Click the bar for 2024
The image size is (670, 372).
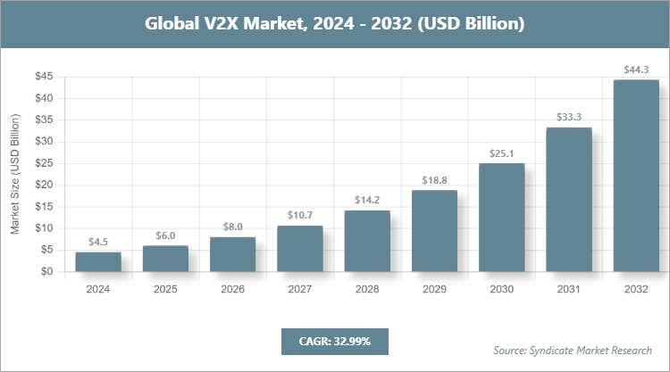(x=98, y=262)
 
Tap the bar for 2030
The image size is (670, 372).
(x=502, y=218)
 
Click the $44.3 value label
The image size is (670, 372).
(x=636, y=69)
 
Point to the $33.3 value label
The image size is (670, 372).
(x=569, y=116)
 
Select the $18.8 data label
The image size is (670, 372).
(x=435, y=179)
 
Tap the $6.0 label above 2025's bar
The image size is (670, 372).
(x=165, y=235)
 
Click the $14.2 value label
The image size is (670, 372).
(x=367, y=199)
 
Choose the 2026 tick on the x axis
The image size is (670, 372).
(x=232, y=290)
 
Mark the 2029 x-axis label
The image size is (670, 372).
(x=435, y=290)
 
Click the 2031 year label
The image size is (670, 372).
(x=569, y=290)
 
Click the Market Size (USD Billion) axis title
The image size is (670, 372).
(x=15, y=174)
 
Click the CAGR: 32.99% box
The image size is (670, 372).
(x=334, y=341)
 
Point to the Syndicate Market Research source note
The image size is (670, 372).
(x=572, y=349)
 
